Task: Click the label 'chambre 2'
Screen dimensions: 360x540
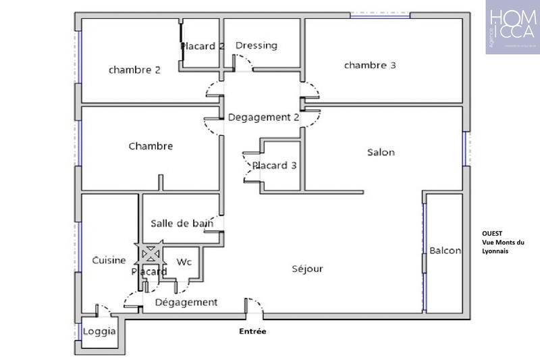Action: (x=134, y=70)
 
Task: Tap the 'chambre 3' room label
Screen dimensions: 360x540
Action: (x=370, y=66)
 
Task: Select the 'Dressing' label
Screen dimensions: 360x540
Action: (x=256, y=45)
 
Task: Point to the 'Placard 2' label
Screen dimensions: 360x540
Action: (x=202, y=47)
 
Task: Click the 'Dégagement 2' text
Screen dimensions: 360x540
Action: (x=263, y=117)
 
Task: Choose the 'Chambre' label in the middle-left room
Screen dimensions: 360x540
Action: (x=151, y=146)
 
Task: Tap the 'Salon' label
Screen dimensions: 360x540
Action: (x=381, y=152)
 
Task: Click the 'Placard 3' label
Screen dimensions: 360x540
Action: (x=274, y=165)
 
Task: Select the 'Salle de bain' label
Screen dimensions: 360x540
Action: (x=182, y=223)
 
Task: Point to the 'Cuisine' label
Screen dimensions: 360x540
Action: (x=108, y=260)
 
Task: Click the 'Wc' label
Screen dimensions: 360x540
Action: (x=184, y=261)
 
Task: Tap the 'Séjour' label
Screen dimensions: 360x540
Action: (x=307, y=269)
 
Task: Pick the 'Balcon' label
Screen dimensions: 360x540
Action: (x=445, y=251)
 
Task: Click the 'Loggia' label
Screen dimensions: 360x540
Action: (x=99, y=332)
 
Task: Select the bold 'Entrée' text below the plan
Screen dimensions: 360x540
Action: (x=253, y=332)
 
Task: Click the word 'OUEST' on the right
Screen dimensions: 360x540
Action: (x=492, y=234)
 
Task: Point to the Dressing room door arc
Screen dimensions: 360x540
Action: (x=244, y=64)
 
